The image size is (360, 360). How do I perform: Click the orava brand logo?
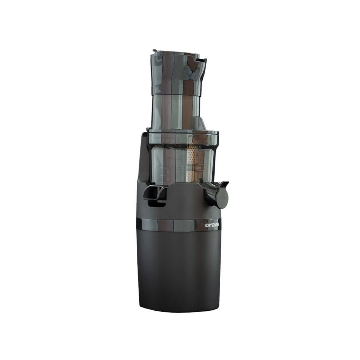point(212,225)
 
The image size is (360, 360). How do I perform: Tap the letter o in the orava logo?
point(206,225)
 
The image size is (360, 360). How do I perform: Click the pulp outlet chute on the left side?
point(153,192)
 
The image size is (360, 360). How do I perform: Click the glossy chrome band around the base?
point(173,225)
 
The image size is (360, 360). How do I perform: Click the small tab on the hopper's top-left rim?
point(155,51)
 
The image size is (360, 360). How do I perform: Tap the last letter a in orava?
point(218,225)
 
